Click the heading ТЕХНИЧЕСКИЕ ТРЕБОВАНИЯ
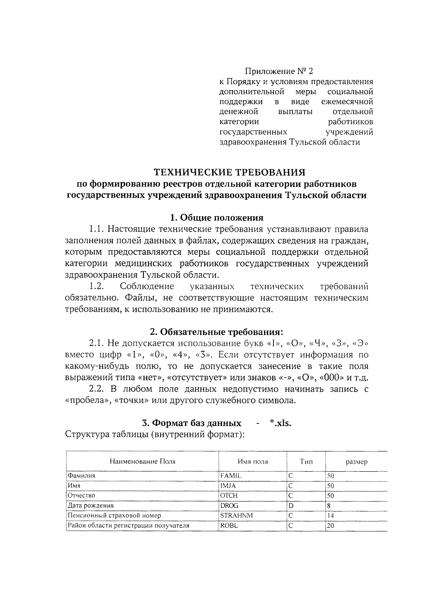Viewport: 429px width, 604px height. (230, 172)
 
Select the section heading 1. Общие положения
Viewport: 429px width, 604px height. (217, 218)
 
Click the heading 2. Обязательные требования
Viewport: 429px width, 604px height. (217, 332)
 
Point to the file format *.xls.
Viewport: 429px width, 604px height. (281, 423)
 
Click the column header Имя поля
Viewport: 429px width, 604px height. (253, 461)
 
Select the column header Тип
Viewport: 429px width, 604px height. (306, 461)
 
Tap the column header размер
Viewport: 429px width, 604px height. (356, 462)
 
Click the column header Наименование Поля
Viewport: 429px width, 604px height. (142, 461)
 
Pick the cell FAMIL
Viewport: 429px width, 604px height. (231, 476)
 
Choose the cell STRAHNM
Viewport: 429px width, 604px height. (234, 516)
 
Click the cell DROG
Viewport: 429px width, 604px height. (229, 506)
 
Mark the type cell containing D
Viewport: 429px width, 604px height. (291, 506)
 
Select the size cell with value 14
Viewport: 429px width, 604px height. (330, 516)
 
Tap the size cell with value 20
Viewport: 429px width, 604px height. (330, 526)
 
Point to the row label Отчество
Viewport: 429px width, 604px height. (82, 496)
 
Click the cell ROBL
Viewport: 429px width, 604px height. (229, 526)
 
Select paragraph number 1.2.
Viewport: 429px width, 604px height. (97, 286)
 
